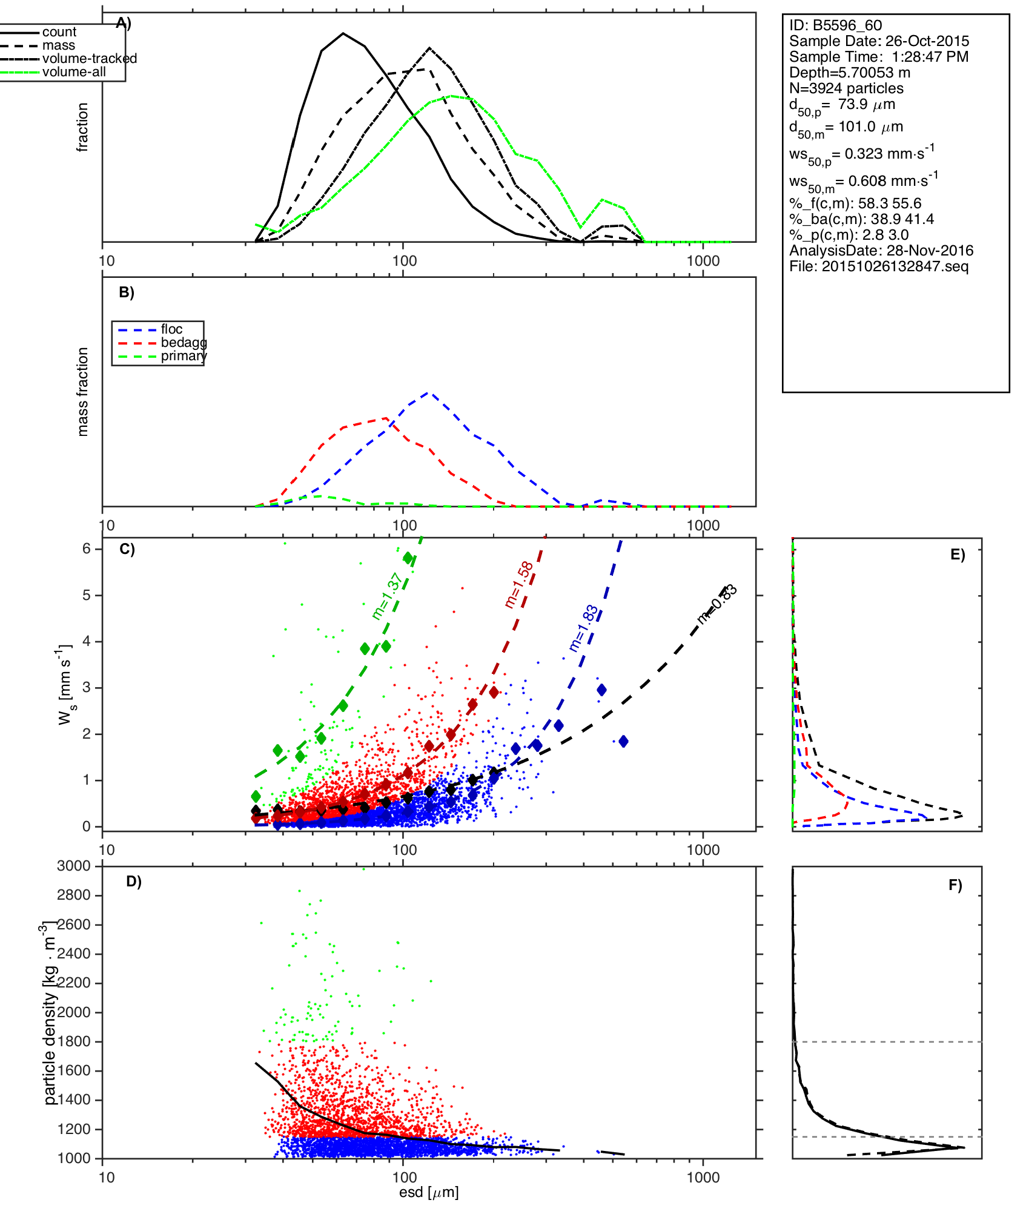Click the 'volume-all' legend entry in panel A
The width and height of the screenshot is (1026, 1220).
(74, 72)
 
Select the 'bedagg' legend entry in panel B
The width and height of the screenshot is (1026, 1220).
(184, 343)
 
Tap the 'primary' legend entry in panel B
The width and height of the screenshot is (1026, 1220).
(184, 356)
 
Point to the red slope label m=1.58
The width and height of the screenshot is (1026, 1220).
(519, 584)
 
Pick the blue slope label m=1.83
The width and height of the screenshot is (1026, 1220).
(584, 628)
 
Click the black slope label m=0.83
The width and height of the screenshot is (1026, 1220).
(717, 604)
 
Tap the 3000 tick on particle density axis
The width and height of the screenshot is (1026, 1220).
(74, 866)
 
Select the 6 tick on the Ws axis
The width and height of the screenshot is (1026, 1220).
(87, 549)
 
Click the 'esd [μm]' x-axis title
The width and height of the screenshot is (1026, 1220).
(429, 1192)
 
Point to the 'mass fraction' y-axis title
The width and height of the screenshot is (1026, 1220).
(83, 392)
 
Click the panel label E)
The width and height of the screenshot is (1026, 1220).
(958, 555)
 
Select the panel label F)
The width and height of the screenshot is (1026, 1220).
(955, 885)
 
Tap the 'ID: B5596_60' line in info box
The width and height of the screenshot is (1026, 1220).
(835, 25)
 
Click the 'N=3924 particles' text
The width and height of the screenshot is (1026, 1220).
(846, 88)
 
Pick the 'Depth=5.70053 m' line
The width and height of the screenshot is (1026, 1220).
(850, 73)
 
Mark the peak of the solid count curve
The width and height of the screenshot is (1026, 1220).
(343, 33)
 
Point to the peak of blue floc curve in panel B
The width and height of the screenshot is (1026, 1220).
(429, 392)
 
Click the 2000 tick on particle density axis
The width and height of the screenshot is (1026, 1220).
(74, 1012)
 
